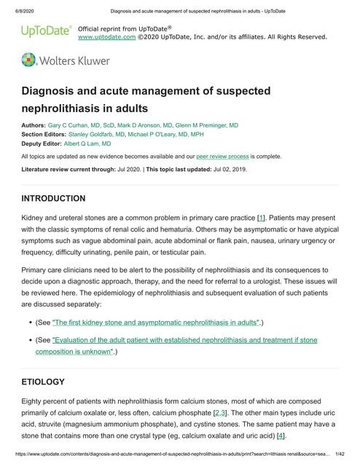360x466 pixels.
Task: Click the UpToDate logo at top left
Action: click(45, 31)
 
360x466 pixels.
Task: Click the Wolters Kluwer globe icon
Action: click(30, 60)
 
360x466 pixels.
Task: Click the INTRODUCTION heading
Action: click(63, 198)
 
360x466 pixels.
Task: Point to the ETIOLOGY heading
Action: click(53, 382)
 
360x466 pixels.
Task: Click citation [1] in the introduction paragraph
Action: click(261, 218)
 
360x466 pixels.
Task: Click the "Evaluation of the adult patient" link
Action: click(176, 339)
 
